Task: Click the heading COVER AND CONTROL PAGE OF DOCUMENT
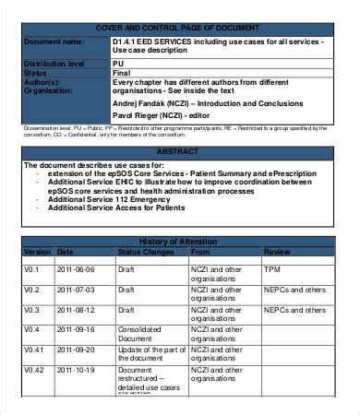(x=179, y=28)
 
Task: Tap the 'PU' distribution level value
(x=120, y=64)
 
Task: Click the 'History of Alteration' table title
(x=179, y=242)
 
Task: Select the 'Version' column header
(x=38, y=251)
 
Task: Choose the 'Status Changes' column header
(x=146, y=251)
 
